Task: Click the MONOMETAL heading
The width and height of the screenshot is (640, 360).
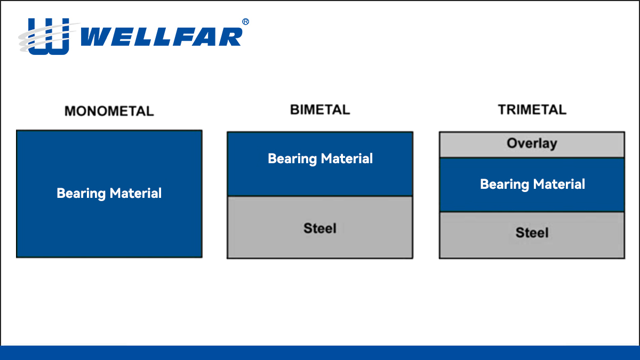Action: click(109, 111)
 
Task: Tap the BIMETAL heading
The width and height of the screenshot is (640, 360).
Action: click(320, 110)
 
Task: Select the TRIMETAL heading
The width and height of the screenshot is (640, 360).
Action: click(532, 110)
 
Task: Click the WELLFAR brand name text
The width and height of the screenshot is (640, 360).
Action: click(162, 37)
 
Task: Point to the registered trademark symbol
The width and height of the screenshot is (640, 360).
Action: click(245, 22)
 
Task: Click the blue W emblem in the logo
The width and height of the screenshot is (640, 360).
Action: click(49, 36)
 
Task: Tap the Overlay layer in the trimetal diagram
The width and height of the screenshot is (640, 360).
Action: click(532, 145)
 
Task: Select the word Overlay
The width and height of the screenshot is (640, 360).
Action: click(532, 143)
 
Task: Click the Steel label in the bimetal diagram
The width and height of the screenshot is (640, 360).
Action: click(319, 228)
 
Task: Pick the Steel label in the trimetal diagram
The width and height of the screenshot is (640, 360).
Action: click(532, 233)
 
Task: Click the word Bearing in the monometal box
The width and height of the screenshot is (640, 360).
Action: click(81, 194)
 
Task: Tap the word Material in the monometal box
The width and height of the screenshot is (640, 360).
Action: click(135, 193)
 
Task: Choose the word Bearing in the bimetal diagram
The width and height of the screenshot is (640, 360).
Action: click(292, 159)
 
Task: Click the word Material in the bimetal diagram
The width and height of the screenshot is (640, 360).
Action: click(347, 158)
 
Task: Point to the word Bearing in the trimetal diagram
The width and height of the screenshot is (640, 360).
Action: click(505, 185)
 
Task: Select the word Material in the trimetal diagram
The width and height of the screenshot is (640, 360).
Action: click(559, 184)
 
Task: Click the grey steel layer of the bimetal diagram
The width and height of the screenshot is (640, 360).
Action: click(320, 227)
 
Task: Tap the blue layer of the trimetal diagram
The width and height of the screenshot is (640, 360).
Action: click(532, 185)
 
